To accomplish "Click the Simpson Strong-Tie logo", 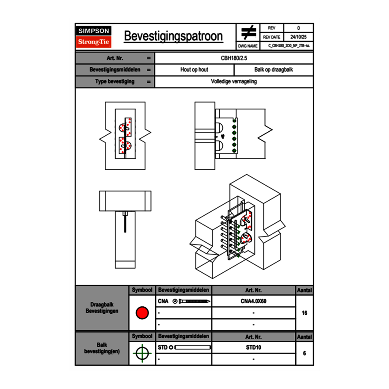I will (x=94, y=37).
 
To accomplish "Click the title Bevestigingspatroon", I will (x=173, y=36).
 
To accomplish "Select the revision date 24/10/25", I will (x=298, y=37).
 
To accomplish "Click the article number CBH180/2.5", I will (x=234, y=58).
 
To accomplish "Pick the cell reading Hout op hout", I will (x=194, y=70).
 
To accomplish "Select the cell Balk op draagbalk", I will (x=274, y=70).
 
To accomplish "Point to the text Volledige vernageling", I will (x=234, y=82).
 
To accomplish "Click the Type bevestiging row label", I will (x=115, y=82).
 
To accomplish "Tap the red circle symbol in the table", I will (x=142, y=313).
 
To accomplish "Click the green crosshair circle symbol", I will (x=142, y=353).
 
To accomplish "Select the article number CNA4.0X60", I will (x=253, y=301).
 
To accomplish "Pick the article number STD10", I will (x=253, y=347).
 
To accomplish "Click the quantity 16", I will (x=304, y=313).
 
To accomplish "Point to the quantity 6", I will (x=304, y=353).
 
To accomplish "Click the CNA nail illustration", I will (x=192, y=301).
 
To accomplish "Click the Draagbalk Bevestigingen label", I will (x=102, y=308).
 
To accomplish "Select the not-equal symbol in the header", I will (x=249, y=32).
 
